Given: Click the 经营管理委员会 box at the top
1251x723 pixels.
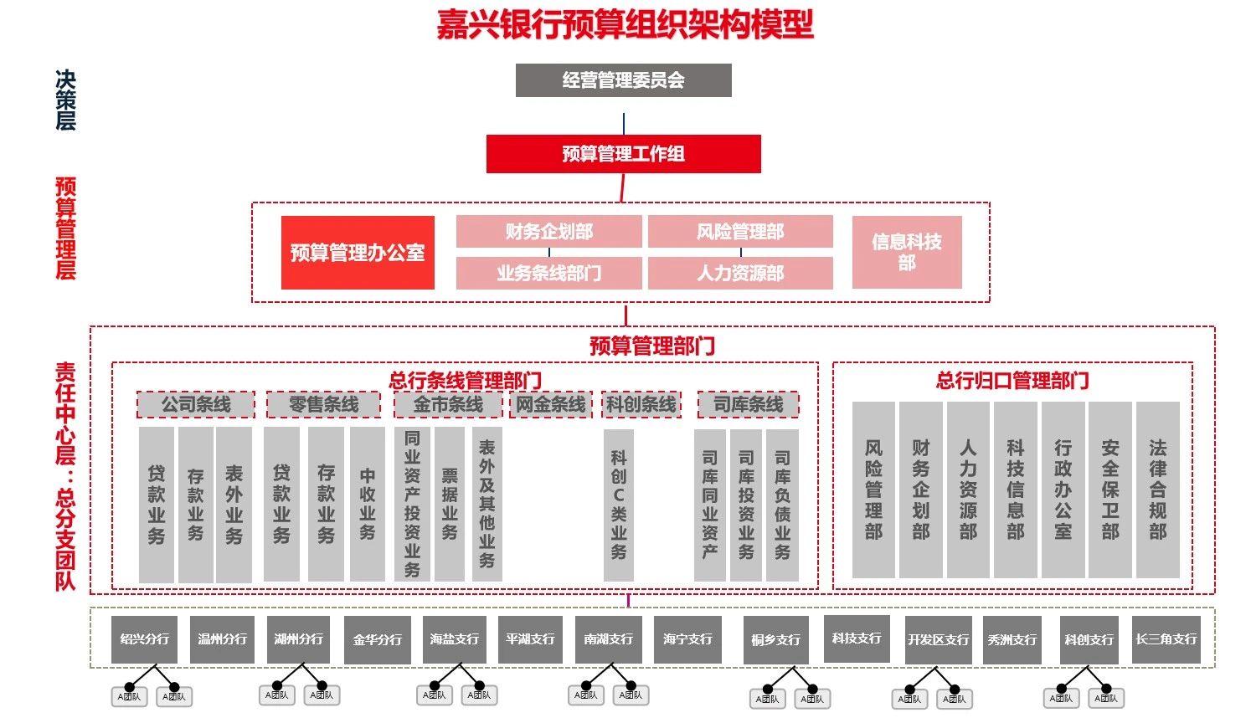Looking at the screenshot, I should (x=623, y=80).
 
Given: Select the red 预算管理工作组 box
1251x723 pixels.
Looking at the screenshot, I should (x=623, y=154).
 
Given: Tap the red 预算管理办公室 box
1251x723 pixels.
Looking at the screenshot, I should (x=358, y=253).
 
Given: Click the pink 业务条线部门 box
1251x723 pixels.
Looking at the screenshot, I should (x=548, y=273).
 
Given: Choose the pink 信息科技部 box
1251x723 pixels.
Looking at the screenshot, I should (x=906, y=252).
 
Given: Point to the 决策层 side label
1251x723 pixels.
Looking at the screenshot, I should (x=65, y=100).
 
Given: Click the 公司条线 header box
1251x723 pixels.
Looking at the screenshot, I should (x=196, y=405).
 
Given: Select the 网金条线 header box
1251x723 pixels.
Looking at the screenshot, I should (x=550, y=405).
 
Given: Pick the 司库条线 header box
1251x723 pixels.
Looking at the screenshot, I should (x=748, y=405).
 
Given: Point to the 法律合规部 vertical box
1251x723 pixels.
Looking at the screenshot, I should (x=1157, y=490).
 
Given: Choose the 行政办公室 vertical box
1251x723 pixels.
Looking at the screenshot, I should (x=1063, y=490).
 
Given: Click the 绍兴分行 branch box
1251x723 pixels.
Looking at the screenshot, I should (x=144, y=639).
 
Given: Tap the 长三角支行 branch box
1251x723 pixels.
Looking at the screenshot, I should (x=1166, y=639).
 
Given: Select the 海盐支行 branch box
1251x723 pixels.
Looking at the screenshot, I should (x=454, y=639).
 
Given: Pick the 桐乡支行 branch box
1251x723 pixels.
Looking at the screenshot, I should (x=775, y=640).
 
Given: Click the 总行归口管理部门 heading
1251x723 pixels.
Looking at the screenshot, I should (x=1012, y=381).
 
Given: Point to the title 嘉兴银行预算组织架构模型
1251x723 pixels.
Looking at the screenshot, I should (x=625, y=23).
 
